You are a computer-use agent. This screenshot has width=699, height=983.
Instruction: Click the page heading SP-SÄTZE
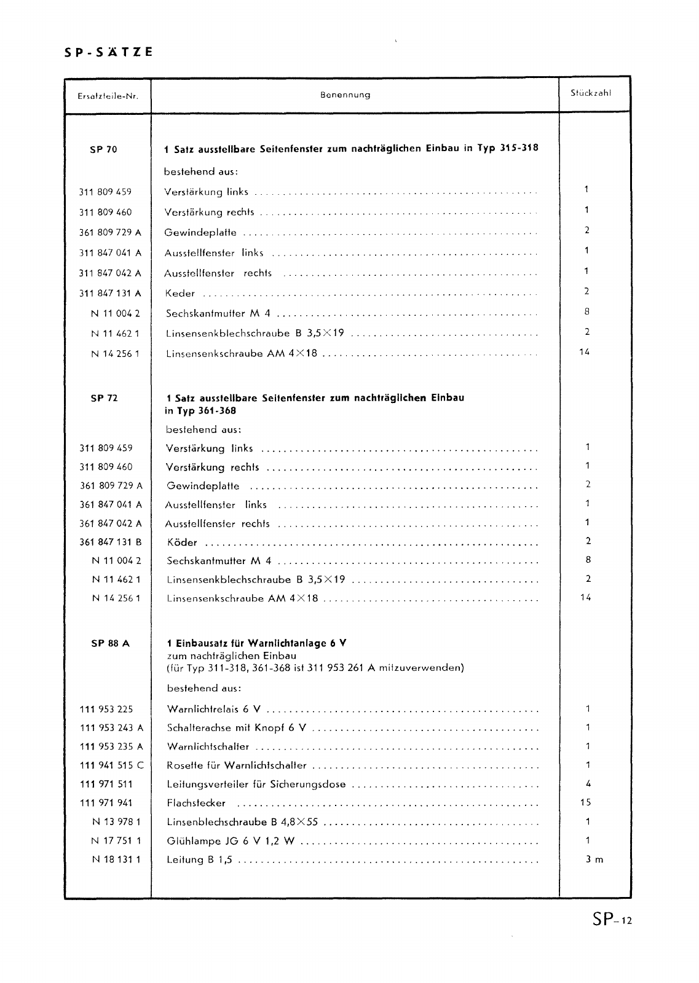point(108,52)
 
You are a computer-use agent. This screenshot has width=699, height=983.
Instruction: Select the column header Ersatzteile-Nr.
point(108,96)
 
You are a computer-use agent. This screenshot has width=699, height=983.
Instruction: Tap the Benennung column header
point(345,95)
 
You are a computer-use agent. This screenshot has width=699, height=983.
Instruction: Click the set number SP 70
point(103,149)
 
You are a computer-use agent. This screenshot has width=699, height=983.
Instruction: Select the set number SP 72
point(103,398)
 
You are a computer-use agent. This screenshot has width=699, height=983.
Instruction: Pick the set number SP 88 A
point(110,643)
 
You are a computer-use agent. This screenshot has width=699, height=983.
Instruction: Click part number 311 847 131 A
point(110,293)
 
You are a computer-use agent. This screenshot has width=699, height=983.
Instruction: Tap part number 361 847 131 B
point(111,542)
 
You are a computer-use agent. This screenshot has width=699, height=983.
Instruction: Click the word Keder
point(180,294)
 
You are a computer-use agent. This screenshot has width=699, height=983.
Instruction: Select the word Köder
point(182,542)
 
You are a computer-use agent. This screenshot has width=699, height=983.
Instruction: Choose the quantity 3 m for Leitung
point(594,860)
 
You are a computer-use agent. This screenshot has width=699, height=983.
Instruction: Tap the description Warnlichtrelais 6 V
point(213,709)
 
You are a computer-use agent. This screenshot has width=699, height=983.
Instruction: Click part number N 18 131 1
point(116,860)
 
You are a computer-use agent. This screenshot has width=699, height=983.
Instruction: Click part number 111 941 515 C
point(111,766)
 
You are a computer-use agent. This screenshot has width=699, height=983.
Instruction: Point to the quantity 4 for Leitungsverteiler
point(588,783)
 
